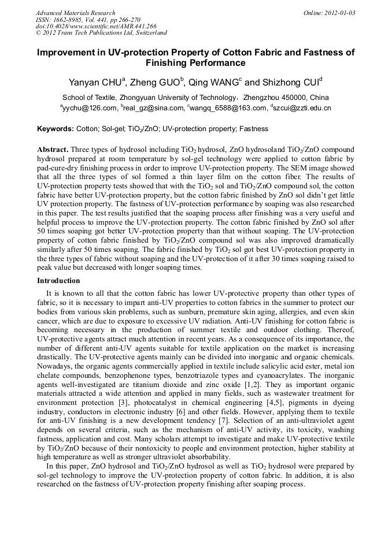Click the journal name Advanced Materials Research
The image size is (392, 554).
tap(75, 13)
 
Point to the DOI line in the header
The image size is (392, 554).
tap(96, 27)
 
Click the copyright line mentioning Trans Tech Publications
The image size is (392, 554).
tap(101, 33)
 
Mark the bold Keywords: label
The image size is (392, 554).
tap(56, 129)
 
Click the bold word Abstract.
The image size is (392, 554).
tap(53, 149)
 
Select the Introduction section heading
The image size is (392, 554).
tap(58, 281)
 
